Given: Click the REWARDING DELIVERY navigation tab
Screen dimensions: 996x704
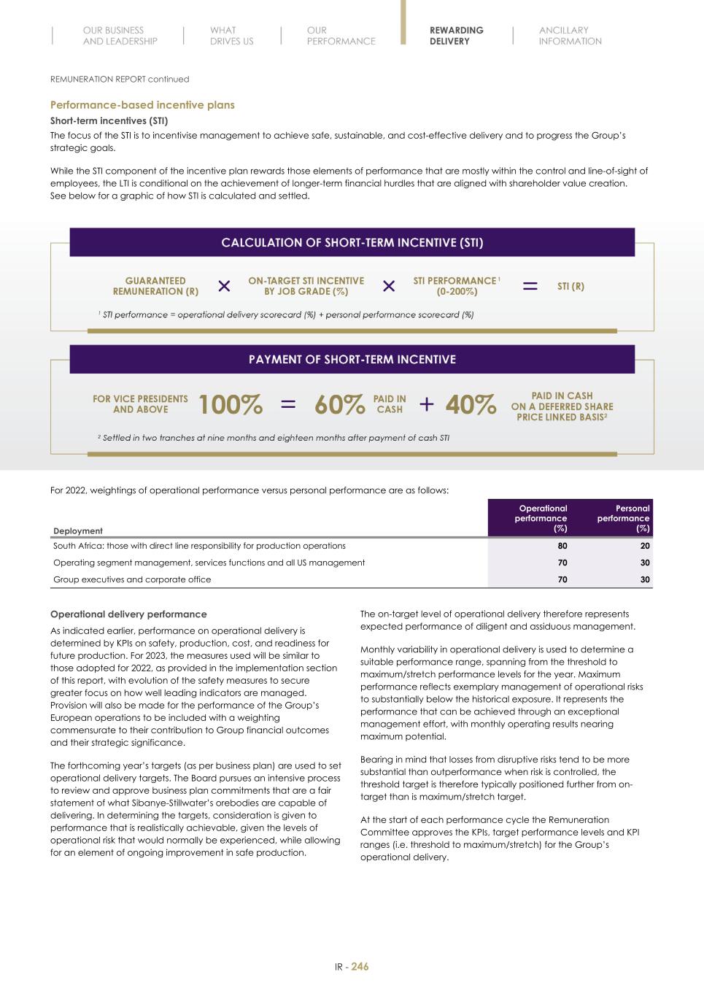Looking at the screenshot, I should click(x=456, y=36).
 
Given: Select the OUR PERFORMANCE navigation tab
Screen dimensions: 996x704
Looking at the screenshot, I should click(x=341, y=36).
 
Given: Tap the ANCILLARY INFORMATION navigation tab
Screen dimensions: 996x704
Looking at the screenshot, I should click(x=570, y=36).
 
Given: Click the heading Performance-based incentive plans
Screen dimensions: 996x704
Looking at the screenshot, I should click(x=142, y=105).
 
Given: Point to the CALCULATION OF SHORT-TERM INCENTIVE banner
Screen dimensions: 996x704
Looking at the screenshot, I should click(x=352, y=243).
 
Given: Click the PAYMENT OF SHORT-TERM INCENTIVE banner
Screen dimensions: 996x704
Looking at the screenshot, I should click(x=352, y=360).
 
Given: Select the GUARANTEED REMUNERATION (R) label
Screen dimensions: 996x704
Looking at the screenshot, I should click(x=155, y=286).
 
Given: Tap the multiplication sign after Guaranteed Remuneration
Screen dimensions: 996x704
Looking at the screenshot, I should click(x=224, y=286).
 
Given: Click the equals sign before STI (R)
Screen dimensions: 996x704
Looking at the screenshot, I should click(x=530, y=286).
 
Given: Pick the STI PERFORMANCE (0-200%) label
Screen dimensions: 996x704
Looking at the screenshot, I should click(x=456, y=286).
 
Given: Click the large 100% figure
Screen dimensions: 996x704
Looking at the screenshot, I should click(x=231, y=404).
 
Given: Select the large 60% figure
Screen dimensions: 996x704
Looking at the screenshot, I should click(x=339, y=404).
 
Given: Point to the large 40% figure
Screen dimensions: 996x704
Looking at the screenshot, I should click(x=471, y=404).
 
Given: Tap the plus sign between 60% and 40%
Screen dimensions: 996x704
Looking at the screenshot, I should click(x=427, y=404).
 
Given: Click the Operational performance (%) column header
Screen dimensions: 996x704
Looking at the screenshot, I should click(x=541, y=518).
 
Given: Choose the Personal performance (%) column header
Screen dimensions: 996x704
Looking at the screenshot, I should click(x=624, y=518).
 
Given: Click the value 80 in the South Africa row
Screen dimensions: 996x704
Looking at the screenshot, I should click(x=562, y=546).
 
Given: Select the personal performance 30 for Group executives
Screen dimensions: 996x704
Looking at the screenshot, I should click(x=644, y=579).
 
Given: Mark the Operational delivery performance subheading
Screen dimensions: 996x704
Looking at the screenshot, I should click(x=128, y=614).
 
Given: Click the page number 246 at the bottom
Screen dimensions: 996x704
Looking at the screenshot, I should click(x=360, y=967).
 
